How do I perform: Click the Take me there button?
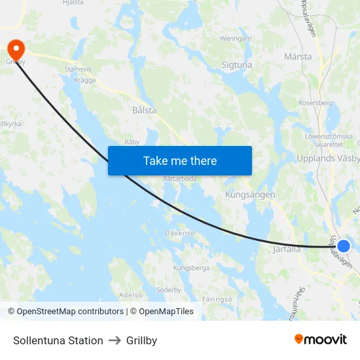[179, 160]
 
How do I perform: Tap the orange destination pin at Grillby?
[14, 48]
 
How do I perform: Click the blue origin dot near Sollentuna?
[344, 246]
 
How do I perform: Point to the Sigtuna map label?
[237, 65]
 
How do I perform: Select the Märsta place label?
[298, 57]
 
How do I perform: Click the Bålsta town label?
[144, 111]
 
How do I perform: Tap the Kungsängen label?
[249, 195]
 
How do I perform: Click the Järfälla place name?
[286, 249]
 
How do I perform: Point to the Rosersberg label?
[315, 103]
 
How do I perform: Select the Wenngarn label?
[236, 39]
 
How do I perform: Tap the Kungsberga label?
[191, 268]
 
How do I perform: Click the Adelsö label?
[131, 295]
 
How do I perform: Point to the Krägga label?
[85, 81]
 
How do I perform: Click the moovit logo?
[320, 339]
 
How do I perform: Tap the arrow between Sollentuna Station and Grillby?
[115, 340]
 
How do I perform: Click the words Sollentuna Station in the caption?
[58, 340]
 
